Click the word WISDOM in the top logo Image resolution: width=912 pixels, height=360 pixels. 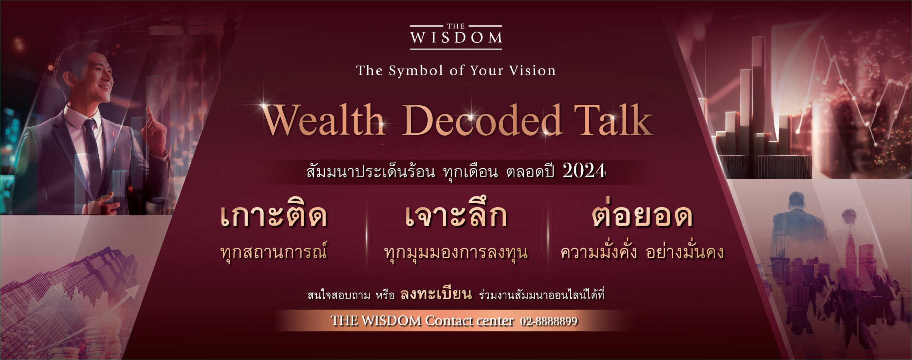coord(456,38)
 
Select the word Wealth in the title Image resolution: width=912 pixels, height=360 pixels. coord(324,120)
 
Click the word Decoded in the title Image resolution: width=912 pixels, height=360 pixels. coord(482,120)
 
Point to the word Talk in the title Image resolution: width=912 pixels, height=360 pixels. coord(613,120)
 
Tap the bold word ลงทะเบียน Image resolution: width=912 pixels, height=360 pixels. coord(436,294)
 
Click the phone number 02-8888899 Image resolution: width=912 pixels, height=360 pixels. coord(549,321)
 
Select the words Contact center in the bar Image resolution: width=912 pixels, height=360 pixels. coord(469,321)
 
